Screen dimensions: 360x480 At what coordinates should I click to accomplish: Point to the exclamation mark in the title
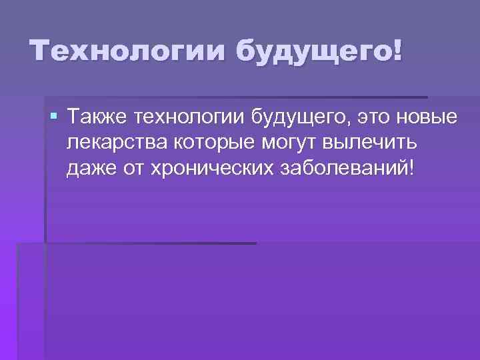pos(397,51)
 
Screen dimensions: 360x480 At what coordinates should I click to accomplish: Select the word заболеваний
pos(343,167)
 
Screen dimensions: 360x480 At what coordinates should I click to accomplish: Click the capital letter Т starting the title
pos(39,51)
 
